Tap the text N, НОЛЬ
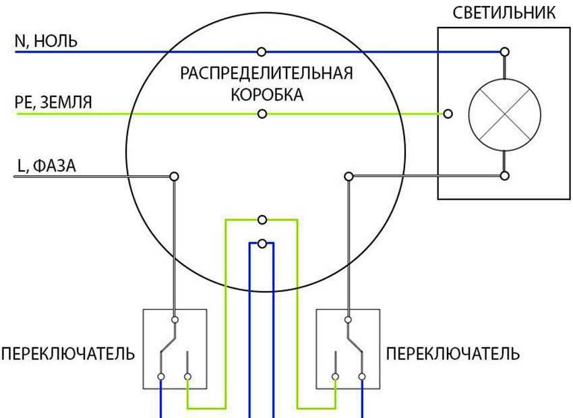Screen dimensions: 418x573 tap(46, 41)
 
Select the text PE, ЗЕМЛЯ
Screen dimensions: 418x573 tap(53, 102)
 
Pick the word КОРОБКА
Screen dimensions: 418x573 tap(267, 95)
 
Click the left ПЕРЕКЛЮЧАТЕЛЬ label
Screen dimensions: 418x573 tap(68, 354)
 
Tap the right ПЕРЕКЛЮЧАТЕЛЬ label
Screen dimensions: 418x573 tap(452, 354)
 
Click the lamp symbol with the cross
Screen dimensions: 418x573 tap(504, 114)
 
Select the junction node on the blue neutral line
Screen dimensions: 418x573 tap(262, 51)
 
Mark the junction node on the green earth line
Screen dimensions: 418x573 tap(262, 114)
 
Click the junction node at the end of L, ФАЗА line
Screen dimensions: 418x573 tap(174, 176)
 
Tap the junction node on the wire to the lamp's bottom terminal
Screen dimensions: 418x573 tap(349, 176)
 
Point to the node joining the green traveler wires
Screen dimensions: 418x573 tap(262, 220)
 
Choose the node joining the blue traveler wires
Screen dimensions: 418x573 tap(262, 243)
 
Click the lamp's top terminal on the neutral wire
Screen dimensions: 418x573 tap(504, 51)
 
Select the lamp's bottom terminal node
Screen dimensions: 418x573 tap(504, 176)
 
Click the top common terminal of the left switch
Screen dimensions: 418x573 tap(175, 319)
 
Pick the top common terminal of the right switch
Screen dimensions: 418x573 tap(349, 319)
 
